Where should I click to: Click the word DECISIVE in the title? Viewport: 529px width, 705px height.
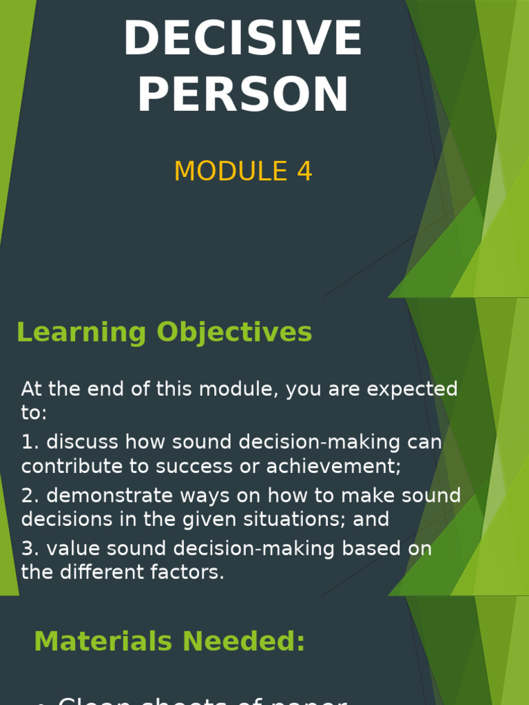tap(242, 39)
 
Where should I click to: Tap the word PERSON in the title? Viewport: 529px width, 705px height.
tap(242, 95)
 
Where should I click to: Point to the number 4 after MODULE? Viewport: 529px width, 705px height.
tap(304, 171)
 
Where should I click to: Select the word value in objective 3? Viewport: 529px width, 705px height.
tap(70, 549)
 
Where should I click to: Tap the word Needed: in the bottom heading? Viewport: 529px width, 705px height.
tap(244, 642)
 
